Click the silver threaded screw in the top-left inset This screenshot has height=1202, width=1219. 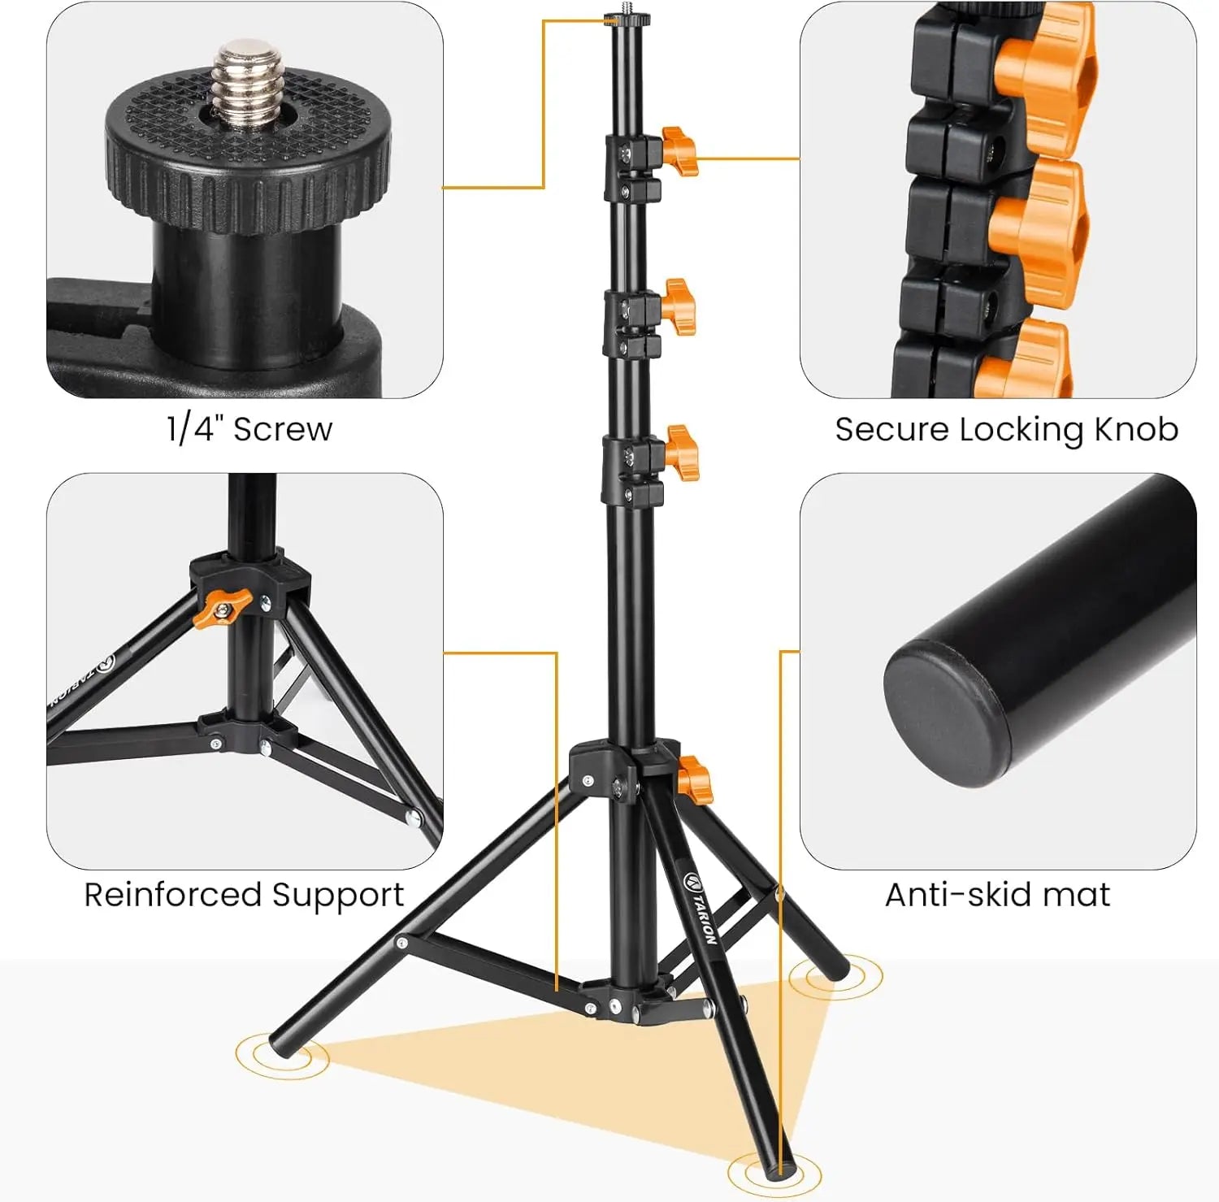[247, 85]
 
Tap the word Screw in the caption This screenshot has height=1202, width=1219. [283, 429]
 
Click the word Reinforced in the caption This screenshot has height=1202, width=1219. [172, 895]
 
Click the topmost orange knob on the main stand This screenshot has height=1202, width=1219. [679, 150]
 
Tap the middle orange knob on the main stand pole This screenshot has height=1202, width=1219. [679, 306]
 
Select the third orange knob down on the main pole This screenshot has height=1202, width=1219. [681, 453]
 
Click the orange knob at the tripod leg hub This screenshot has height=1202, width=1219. [695, 779]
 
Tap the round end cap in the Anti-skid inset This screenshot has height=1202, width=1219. [947, 711]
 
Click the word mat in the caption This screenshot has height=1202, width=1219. [1076, 895]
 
